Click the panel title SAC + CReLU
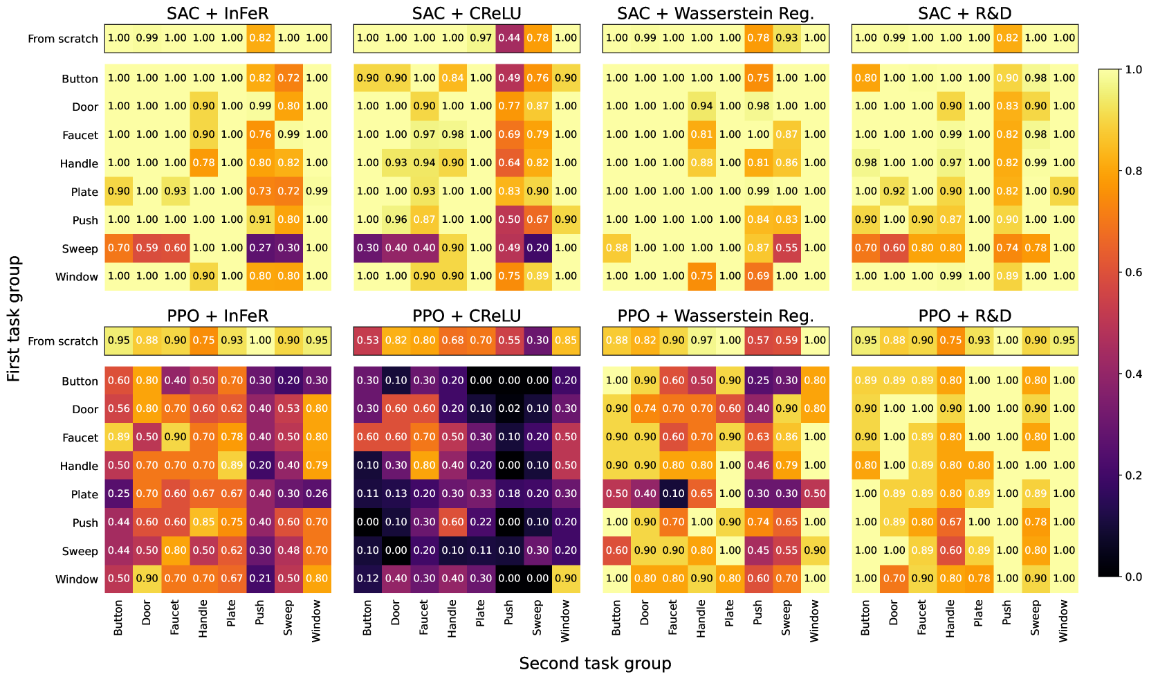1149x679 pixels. click(x=466, y=13)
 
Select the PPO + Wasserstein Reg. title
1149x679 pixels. click(x=715, y=316)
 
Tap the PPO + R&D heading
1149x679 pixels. click(x=964, y=316)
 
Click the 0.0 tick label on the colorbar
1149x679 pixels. click(x=1133, y=577)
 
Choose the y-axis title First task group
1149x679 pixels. click(x=14, y=318)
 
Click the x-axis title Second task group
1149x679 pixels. click(x=595, y=663)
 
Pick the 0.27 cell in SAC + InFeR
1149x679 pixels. click(x=260, y=248)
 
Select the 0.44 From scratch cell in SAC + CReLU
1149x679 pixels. click(x=509, y=38)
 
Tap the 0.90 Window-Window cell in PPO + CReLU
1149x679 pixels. click(x=566, y=579)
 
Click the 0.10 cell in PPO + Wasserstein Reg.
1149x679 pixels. click(x=673, y=494)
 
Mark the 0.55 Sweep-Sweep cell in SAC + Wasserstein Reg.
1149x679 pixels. click(x=787, y=248)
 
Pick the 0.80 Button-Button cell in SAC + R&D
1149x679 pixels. click(x=865, y=78)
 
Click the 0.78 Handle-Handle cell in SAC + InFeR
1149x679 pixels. click(x=203, y=163)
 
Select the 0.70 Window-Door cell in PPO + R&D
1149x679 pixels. click(x=894, y=579)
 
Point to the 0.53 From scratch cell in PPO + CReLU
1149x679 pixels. click(x=367, y=341)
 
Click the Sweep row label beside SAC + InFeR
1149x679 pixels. click(x=80, y=248)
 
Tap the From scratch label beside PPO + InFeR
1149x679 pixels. click(x=63, y=341)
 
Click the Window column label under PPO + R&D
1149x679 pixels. click(x=1064, y=620)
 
